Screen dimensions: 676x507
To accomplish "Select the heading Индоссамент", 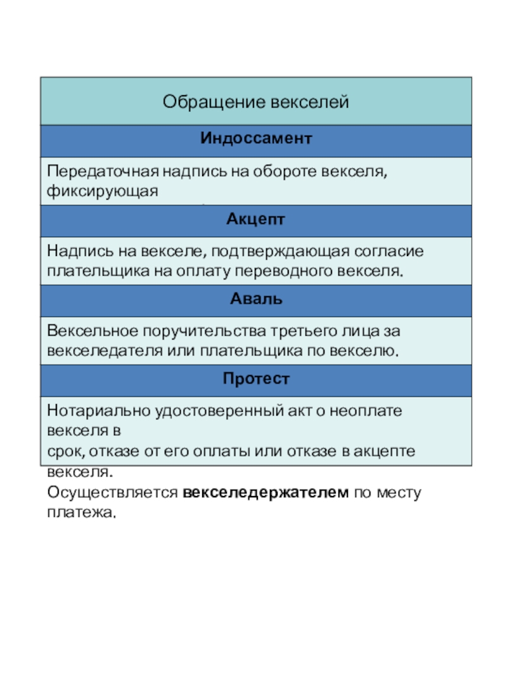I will point(256,138).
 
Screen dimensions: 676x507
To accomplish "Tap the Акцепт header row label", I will point(256,220).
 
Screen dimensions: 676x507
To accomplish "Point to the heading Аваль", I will point(256,299).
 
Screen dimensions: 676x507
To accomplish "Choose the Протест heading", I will point(256,379).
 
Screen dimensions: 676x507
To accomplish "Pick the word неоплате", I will point(384,411).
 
